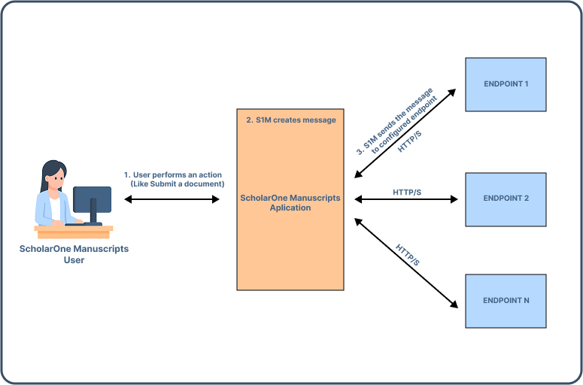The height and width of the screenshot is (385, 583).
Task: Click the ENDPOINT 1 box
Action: click(506, 83)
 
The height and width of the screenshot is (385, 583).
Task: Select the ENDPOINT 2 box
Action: click(506, 199)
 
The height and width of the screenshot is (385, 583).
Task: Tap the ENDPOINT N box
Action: click(506, 301)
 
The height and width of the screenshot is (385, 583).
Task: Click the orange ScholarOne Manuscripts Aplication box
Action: click(290, 226)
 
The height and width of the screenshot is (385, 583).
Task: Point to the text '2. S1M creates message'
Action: click(291, 120)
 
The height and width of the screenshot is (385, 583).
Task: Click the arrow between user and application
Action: click(172, 199)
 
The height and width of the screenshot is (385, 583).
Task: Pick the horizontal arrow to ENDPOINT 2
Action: click(406, 199)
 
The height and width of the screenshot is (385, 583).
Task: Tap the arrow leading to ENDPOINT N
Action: click(406, 263)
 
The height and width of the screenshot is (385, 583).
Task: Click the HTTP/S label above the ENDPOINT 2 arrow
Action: click(407, 192)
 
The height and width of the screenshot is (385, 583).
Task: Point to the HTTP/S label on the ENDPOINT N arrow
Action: click(408, 255)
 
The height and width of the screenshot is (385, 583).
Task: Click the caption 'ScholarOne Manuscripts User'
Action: click(74, 254)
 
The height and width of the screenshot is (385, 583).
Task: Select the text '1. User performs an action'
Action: click(172, 174)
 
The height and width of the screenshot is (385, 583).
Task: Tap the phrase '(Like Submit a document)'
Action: click(178, 184)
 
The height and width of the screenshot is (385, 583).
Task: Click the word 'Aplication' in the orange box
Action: click(290, 208)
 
